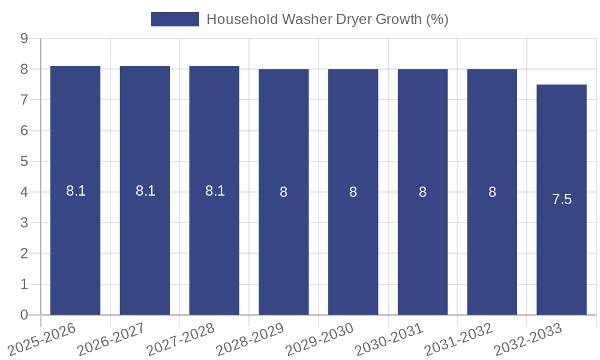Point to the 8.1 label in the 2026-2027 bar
tap(145, 191)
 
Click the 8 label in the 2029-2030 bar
tap(353, 192)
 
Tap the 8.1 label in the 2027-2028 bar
tap(215, 191)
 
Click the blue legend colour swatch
tap(175, 19)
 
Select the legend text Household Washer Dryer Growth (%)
tap(327, 19)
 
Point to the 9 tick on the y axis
tap(25, 38)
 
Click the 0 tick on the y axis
tap(25, 315)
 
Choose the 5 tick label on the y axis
tap(25, 161)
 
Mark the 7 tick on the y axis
tap(25, 100)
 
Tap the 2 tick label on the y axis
tap(25, 254)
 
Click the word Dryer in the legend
tap(353, 19)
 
